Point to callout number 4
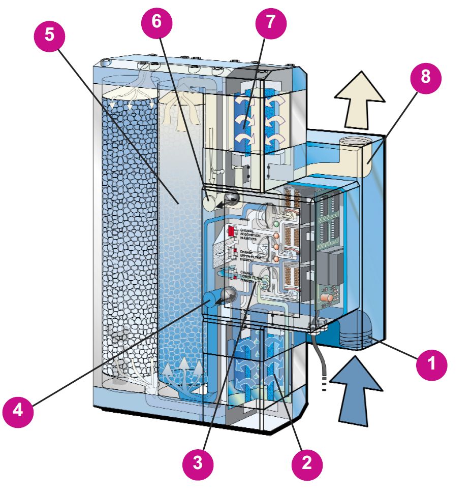point(18,410)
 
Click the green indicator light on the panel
point(276,224)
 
